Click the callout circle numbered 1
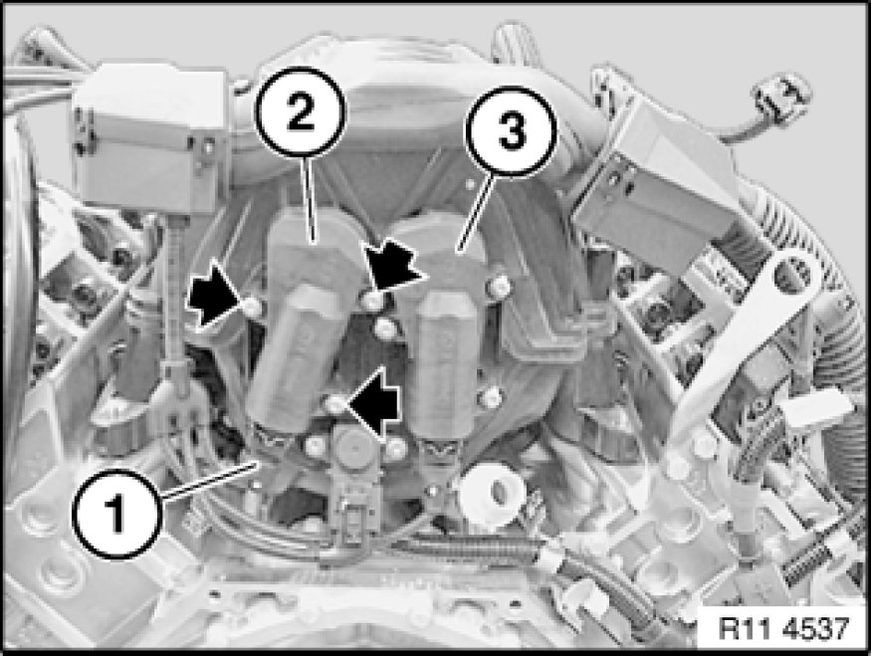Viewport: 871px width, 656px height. tap(117, 514)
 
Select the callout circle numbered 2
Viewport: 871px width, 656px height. tap(300, 112)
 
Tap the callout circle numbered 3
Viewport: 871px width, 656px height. tap(511, 131)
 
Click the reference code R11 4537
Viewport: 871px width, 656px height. tap(783, 628)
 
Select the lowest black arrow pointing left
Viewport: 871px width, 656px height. tap(372, 403)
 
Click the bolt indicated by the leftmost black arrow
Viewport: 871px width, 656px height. tap(252, 307)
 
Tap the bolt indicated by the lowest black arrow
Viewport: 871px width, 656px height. tap(333, 404)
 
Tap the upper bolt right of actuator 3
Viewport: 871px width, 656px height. tap(499, 287)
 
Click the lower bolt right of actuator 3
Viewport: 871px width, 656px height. tap(491, 398)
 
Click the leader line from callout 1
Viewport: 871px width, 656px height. tap(209, 480)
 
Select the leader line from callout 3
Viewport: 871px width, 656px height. tap(474, 213)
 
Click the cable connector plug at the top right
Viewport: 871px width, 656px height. tap(781, 99)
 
